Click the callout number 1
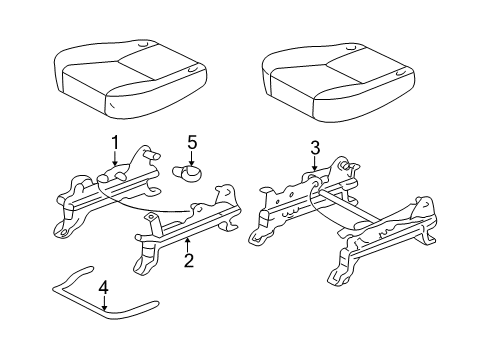tap(115, 143)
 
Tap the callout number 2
tap(189, 260)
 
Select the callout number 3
tap(315, 148)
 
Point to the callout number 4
tap(105, 288)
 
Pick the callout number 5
tap(192, 142)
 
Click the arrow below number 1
tap(115, 158)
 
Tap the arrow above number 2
tap(188, 245)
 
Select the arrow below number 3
tap(315, 163)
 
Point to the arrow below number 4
tap(105, 304)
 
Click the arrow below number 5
tap(192, 158)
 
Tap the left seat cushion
tap(131, 77)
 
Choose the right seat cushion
tap(339, 82)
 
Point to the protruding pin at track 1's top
tap(152, 155)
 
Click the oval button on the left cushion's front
tap(193, 70)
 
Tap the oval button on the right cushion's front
tap(400, 74)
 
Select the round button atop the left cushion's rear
tap(143, 44)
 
